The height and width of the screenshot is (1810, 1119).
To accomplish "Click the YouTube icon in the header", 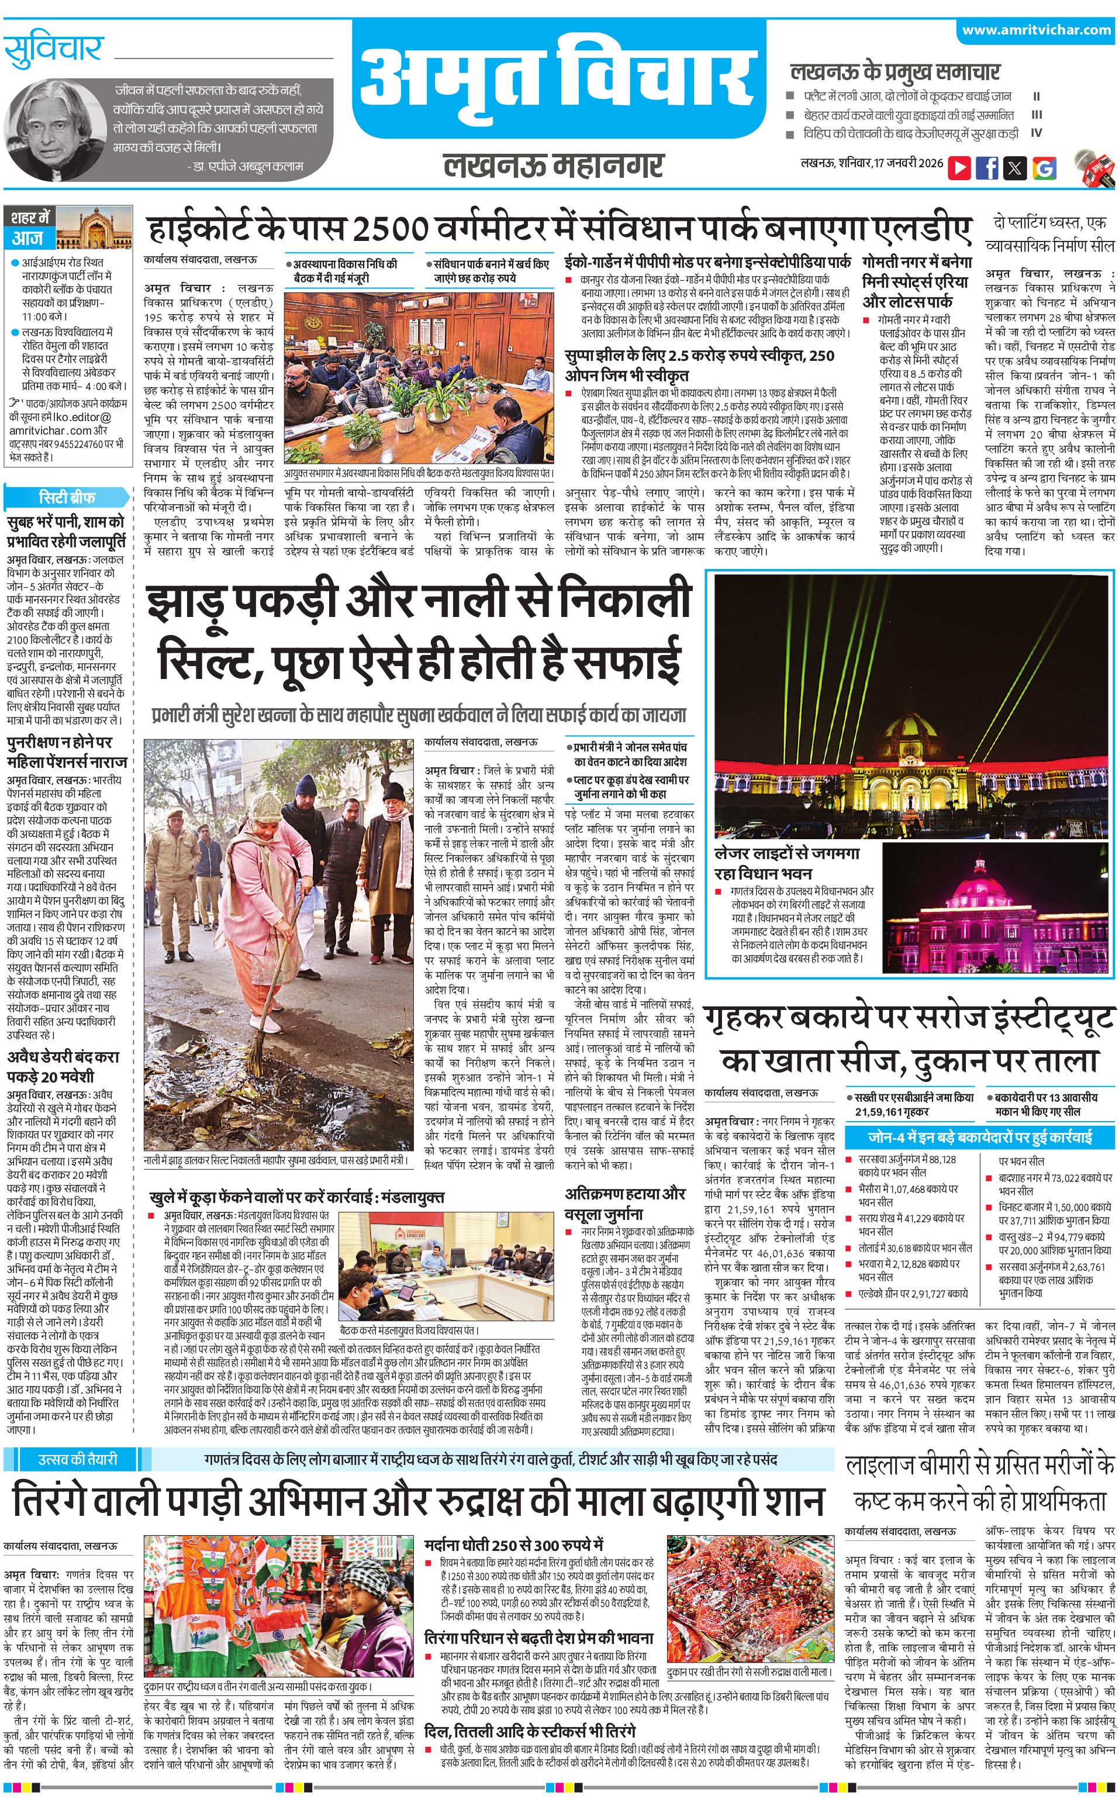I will (x=959, y=168).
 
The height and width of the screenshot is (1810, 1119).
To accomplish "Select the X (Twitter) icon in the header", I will (x=1016, y=168).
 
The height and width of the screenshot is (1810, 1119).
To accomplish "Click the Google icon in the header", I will (x=1044, y=168).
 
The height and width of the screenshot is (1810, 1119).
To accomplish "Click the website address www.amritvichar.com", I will (x=1036, y=30).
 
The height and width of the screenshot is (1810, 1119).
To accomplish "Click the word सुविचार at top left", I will (x=53, y=50).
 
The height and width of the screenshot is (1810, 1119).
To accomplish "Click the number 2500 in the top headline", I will (x=390, y=230).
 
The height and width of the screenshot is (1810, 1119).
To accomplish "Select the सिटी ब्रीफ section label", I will (x=67, y=497).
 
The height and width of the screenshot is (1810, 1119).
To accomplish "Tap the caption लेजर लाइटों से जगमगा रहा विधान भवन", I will (x=787, y=863).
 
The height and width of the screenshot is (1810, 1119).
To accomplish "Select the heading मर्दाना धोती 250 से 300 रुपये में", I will (x=514, y=1545).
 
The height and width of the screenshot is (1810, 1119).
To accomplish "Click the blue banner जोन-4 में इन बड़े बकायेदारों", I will (x=980, y=1136).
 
